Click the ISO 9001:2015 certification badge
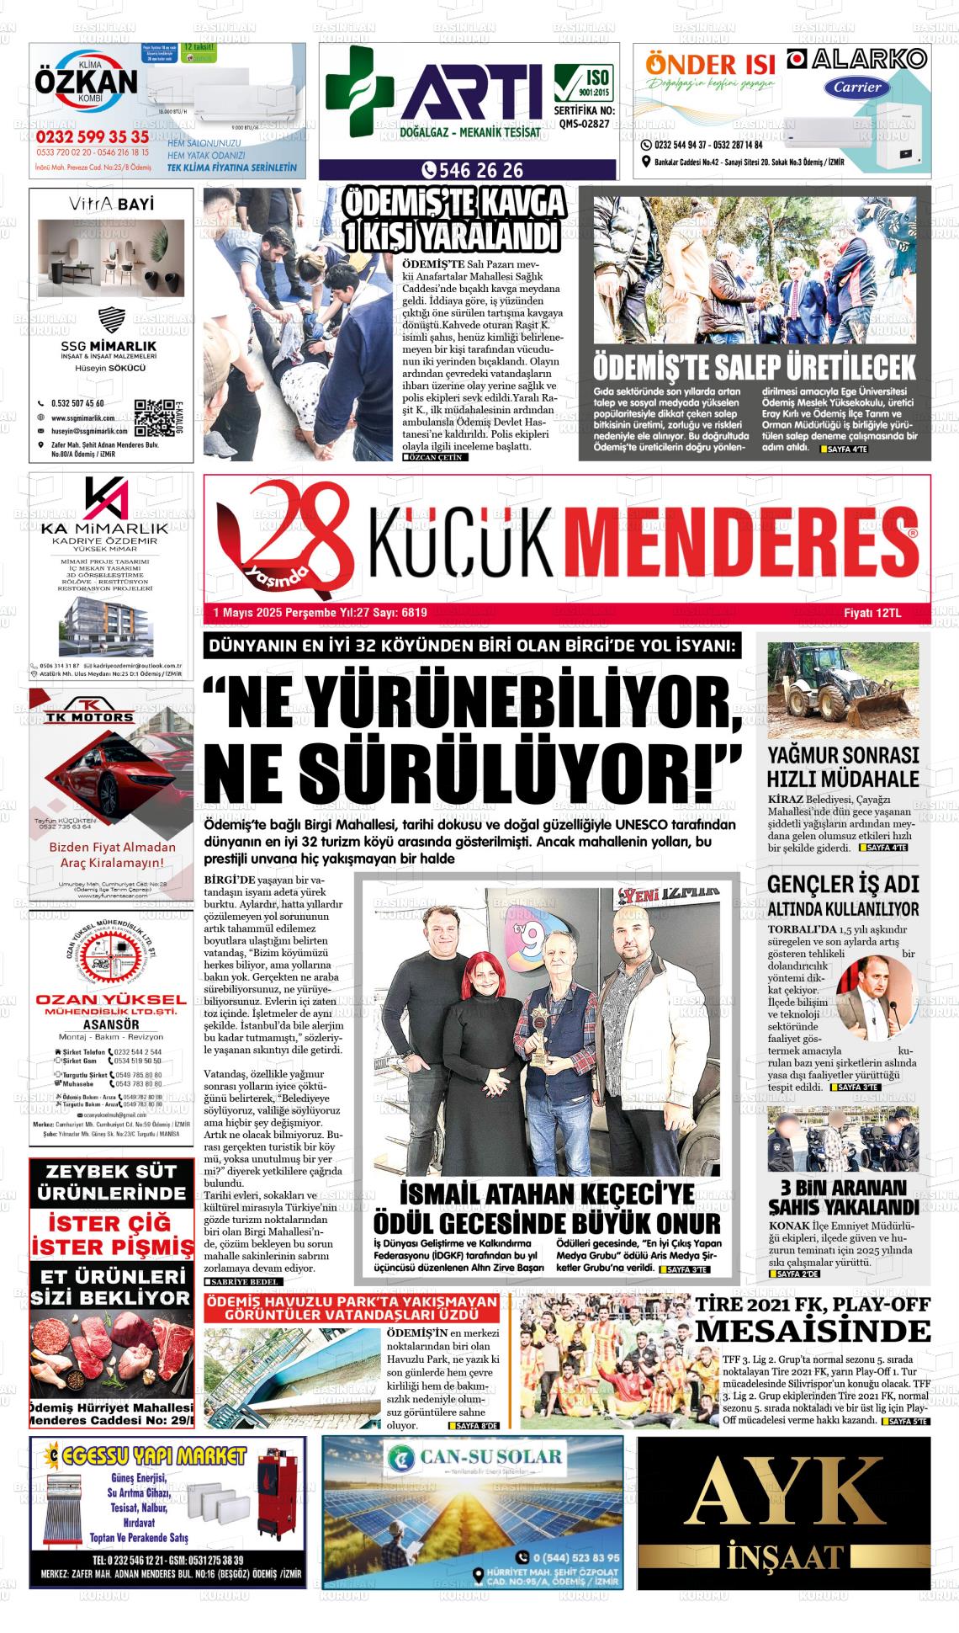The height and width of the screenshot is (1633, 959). tap(584, 83)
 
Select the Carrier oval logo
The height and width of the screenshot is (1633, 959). tap(857, 86)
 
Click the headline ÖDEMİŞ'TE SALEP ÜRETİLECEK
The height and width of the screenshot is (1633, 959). tap(754, 367)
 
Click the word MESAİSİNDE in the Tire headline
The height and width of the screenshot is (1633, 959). tap(813, 1332)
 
